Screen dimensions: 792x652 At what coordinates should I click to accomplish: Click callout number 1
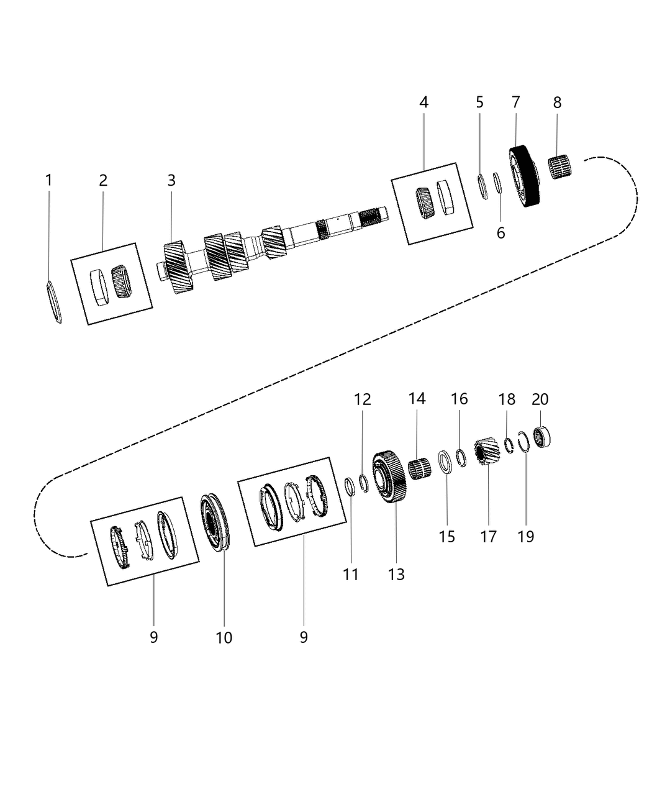(x=48, y=181)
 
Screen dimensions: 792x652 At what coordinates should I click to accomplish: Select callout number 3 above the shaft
(x=171, y=181)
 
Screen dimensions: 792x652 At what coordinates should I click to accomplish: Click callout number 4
(x=423, y=102)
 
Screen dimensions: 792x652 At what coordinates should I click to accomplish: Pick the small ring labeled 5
(x=482, y=186)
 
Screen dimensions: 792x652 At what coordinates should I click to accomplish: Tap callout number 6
(x=500, y=233)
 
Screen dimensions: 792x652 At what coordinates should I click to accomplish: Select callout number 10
(x=224, y=637)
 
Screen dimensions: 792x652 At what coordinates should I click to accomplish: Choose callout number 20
(x=540, y=399)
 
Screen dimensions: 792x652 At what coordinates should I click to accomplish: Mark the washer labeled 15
(x=445, y=463)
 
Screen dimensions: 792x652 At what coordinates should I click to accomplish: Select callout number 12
(x=363, y=399)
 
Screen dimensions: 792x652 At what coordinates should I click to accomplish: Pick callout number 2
(x=103, y=181)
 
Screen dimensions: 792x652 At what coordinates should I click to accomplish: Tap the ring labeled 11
(x=350, y=487)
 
